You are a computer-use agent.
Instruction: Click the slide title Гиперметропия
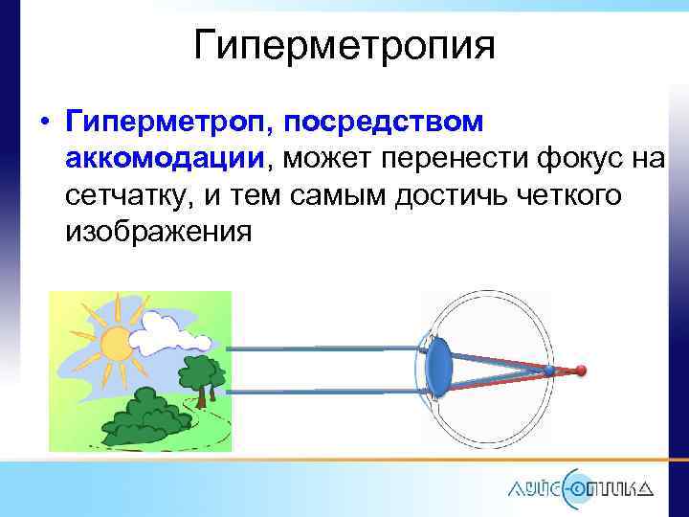(x=344, y=45)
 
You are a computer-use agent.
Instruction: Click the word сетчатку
(x=126, y=195)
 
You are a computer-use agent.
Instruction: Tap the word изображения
(x=159, y=232)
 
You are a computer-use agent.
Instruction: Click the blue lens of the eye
(x=438, y=369)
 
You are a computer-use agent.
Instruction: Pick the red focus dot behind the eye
(x=580, y=370)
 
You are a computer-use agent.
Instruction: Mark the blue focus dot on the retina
(x=548, y=370)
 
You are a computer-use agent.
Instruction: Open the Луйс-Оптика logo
(x=580, y=484)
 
